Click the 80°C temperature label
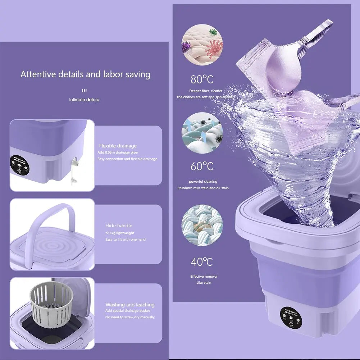click(x=202, y=79)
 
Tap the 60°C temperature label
click(x=202, y=167)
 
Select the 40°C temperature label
click(x=202, y=262)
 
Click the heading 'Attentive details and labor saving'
click(x=85, y=74)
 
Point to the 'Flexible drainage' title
click(x=118, y=146)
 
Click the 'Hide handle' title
click(x=119, y=225)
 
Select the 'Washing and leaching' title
click(x=130, y=305)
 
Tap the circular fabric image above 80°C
click(x=202, y=45)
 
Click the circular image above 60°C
click(x=202, y=133)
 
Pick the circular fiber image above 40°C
click(x=202, y=225)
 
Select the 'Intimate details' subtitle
click(x=84, y=100)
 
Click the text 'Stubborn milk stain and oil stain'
click(x=203, y=188)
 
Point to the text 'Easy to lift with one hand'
click(x=126, y=240)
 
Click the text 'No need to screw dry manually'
click(x=130, y=317)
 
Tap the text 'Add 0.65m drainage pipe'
click(x=117, y=152)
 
